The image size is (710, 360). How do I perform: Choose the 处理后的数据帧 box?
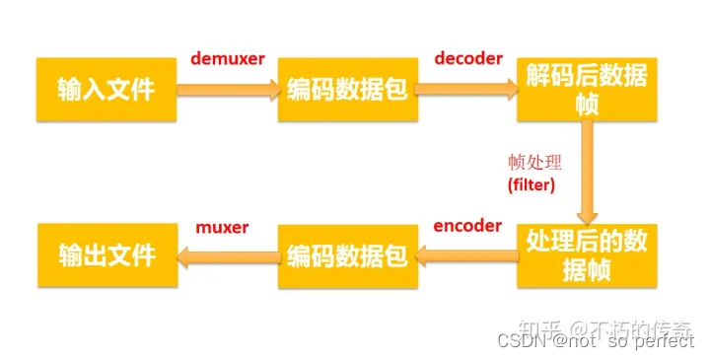tap(586, 255)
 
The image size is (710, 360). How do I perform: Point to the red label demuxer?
tap(228, 59)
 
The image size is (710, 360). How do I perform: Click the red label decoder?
tap(466, 58)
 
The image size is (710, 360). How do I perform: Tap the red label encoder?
tap(467, 225)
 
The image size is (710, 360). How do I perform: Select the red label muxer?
tap(223, 227)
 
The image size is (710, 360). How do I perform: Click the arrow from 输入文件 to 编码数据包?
tap(229, 90)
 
